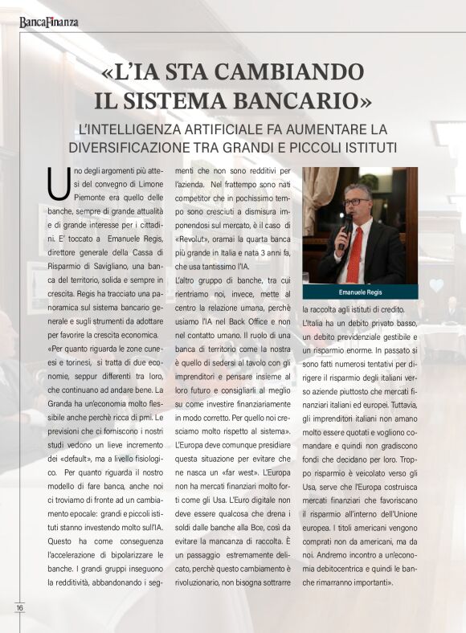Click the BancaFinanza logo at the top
pyautogui.click(x=49, y=22)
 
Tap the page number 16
pyautogui.click(x=19, y=608)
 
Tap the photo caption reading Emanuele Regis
pyautogui.click(x=359, y=292)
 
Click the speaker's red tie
pyautogui.click(x=354, y=252)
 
